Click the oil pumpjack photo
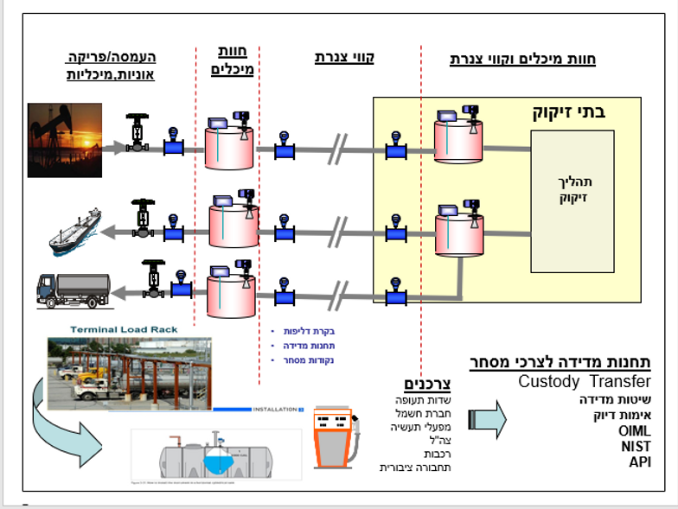click(x=65, y=140)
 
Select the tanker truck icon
click(x=73, y=290)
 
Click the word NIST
click(x=636, y=446)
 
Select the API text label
click(x=639, y=461)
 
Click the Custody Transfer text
click(x=585, y=382)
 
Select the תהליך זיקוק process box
click(x=572, y=189)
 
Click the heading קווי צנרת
click(x=343, y=58)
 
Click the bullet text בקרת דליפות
click(x=310, y=331)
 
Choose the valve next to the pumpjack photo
click(x=137, y=132)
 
